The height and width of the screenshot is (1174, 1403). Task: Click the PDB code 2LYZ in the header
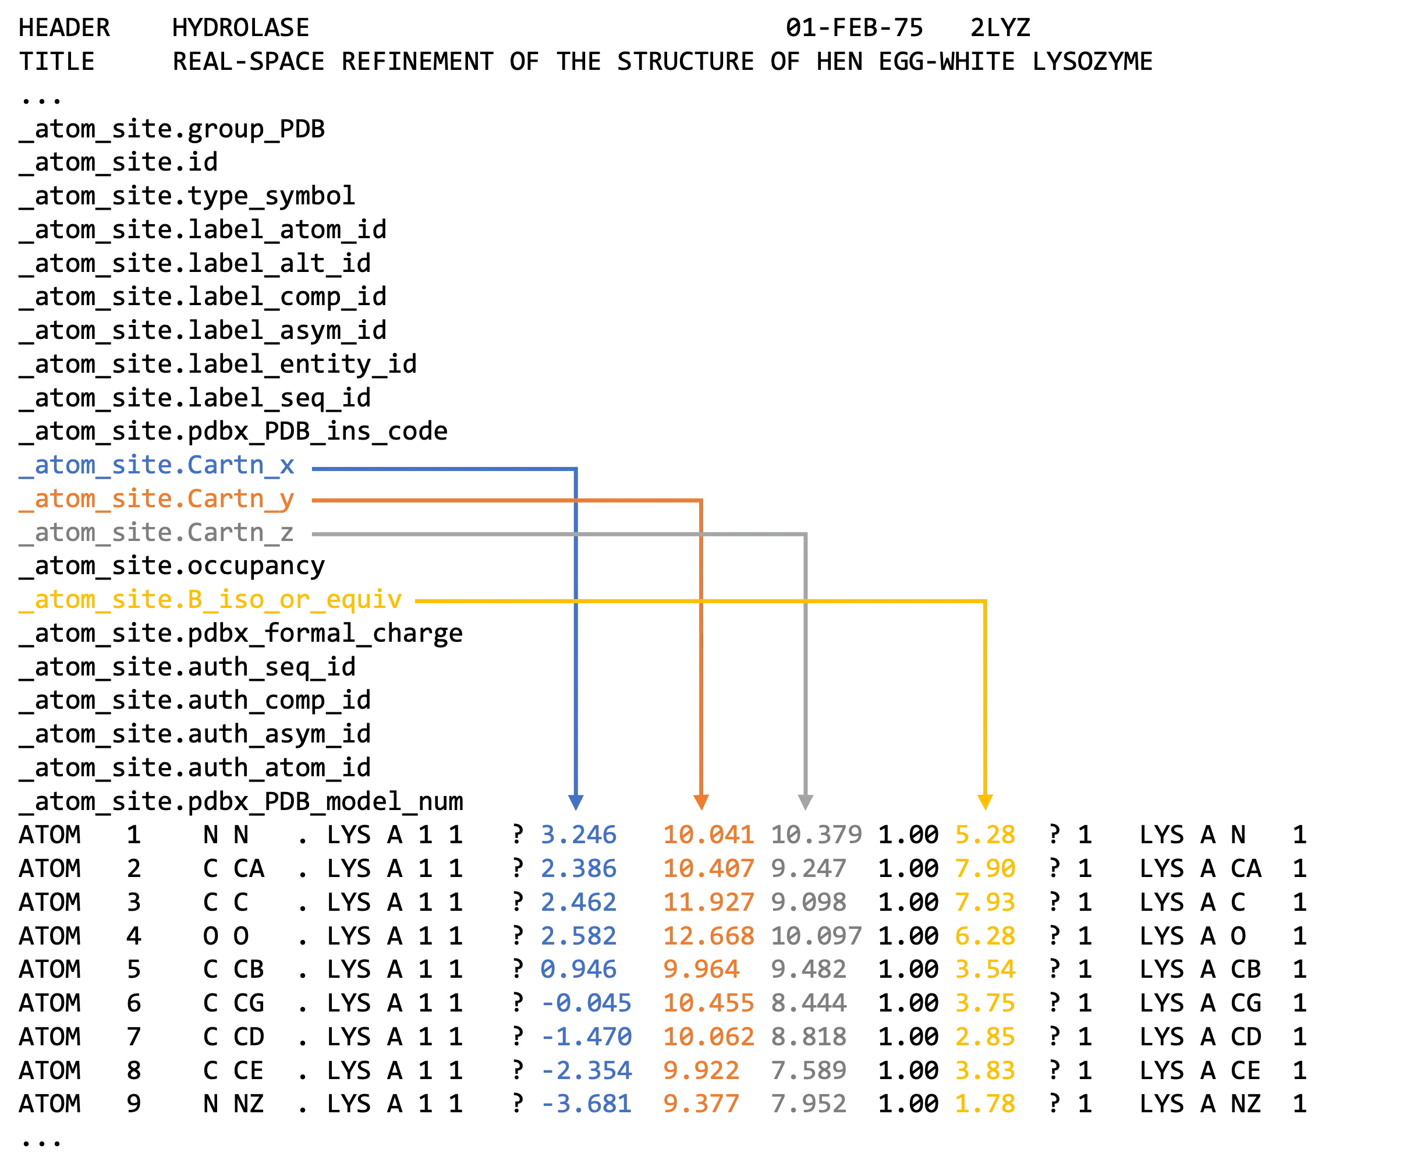pyautogui.click(x=1000, y=27)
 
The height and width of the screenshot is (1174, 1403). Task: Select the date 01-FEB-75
pyautogui.click(x=855, y=27)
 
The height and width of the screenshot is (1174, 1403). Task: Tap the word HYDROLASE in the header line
pyautogui.click(x=241, y=27)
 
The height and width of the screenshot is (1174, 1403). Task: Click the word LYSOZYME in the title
pyautogui.click(x=1092, y=62)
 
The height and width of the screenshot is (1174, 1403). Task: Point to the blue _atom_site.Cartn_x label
pyautogui.click(x=157, y=465)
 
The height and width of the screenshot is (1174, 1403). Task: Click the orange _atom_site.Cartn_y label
pyautogui.click(x=157, y=499)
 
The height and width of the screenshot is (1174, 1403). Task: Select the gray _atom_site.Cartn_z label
pyautogui.click(x=157, y=532)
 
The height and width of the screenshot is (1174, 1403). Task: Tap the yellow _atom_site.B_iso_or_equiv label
pyautogui.click(x=211, y=600)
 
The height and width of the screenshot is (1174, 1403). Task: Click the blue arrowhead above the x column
pyautogui.click(x=576, y=802)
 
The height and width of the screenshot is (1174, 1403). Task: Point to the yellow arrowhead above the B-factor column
pyautogui.click(x=985, y=802)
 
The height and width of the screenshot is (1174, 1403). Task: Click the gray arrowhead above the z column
pyautogui.click(x=806, y=802)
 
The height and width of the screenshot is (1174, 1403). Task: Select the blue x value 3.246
pyautogui.click(x=579, y=835)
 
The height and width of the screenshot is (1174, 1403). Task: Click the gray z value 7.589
pyautogui.click(x=809, y=1070)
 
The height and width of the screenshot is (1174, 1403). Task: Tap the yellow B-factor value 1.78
pyautogui.click(x=986, y=1104)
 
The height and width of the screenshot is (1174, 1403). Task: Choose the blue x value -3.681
pyautogui.click(x=586, y=1104)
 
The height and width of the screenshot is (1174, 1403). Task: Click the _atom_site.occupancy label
pyautogui.click(x=172, y=566)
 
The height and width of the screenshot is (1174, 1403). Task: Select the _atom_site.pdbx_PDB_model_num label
pyautogui.click(x=241, y=801)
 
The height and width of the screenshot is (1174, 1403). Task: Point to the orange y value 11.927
pyautogui.click(x=709, y=902)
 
